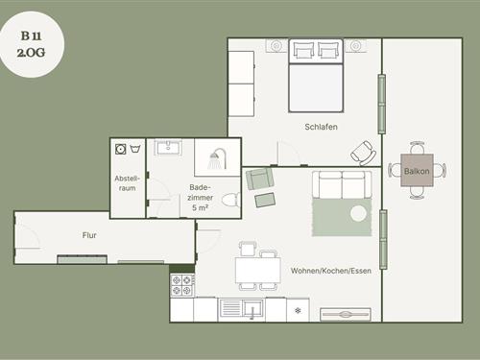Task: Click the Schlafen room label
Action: click(x=321, y=127)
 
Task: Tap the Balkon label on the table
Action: click(x=417, y=171)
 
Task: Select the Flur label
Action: click(x=89, y=235)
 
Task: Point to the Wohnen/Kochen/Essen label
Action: click(x=331, y=271)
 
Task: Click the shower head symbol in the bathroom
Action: click(x=217, y=158)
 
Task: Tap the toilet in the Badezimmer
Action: click(x=230, y=201)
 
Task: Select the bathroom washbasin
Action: click(x=168, y=147)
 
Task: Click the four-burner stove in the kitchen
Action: click(x=182, y=285)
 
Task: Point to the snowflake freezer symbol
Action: click(x=298, y=310)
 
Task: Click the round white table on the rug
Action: click(x=358, y=214)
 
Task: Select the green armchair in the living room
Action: click(x=259, y=179)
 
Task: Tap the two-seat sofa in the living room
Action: click(x=342, y=185)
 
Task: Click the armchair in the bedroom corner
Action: click(x=363, y=153)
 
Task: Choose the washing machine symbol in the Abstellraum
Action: click(x=120, y=149)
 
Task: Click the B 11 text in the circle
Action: click(x=31, y=36)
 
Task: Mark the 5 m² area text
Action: click(x=201, y=207)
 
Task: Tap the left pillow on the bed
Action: click(x=302, y=51)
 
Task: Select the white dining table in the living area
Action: click(x=258, y=270)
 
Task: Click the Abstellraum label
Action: click(x=128, y=183)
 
